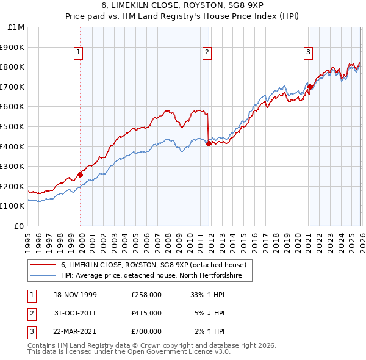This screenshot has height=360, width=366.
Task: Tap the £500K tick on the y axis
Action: pyautogui.click(x=13, y=126)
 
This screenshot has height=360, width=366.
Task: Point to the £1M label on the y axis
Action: pyautogui.click(x=17, y=27)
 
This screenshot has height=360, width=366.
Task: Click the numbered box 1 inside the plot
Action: pyautogui.click(x=79, y=53)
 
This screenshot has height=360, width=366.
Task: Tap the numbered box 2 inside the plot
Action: pyautogui.click(x=207, y=53)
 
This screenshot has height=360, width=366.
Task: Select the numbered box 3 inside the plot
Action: pyautogui.click(x=309, y=53)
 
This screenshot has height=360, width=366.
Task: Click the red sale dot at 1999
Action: pyautogui.click(x=81, y=175)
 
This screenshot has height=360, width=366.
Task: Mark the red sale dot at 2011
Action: pyautogui.click(x=209, y=143)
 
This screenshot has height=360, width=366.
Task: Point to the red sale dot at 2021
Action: pyautogui.click(x=310, y=87)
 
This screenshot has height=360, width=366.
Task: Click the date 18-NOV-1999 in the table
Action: pyautogui.click(x=75, y=295)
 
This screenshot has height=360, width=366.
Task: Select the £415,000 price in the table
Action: pyautogui.click(x=146, y=313)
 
